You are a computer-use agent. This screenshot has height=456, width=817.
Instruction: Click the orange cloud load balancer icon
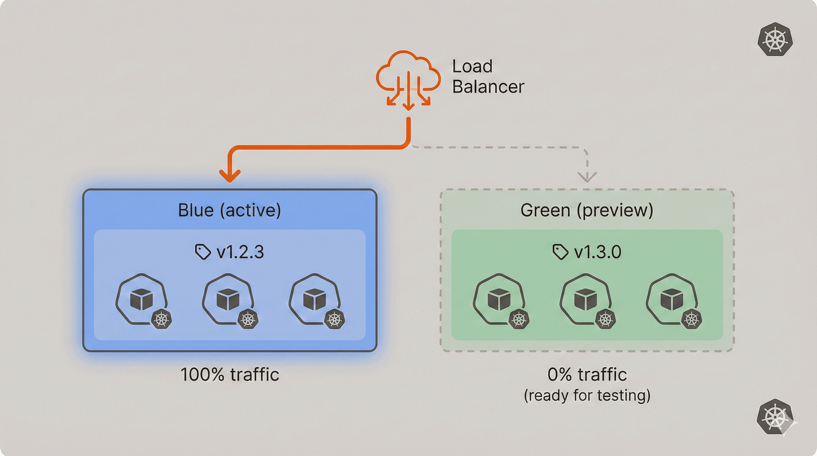coord(408,79)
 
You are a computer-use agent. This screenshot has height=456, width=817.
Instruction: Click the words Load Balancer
coord(487,77)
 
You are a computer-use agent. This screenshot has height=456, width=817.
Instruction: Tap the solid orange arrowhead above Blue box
coord(230,175)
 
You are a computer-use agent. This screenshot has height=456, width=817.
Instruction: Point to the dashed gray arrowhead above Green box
coord(587,177)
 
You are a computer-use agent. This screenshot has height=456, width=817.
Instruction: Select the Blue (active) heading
coord(229,210)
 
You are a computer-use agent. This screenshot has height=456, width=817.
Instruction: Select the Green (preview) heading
coord(587,210)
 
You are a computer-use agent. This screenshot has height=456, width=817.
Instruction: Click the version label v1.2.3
coord(240,252)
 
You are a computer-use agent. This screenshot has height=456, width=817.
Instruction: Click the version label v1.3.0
coord(597,252)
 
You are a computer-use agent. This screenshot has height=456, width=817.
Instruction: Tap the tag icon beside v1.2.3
coord(203,252)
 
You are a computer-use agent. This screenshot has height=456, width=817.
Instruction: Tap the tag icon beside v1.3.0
coord(560,252)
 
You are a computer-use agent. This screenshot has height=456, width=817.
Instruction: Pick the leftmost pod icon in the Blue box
coord(142,300)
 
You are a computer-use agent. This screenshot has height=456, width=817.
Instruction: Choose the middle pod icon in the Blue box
coord(228,300)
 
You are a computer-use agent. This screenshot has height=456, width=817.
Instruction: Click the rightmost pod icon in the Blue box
coord(315,300)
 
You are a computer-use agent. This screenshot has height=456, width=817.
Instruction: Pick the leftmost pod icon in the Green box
coord(499,300)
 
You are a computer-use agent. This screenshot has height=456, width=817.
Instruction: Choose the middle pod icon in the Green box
coord(586,300)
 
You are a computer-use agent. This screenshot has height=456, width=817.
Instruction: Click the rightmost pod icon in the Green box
coord(672,300)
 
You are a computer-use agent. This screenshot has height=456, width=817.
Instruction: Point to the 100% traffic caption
coord(230,375)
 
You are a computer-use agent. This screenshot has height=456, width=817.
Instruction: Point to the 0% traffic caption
coord(587,375)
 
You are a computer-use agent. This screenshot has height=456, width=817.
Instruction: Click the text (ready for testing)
coord(587,396)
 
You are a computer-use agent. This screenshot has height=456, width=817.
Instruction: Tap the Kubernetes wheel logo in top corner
coord(775,39)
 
